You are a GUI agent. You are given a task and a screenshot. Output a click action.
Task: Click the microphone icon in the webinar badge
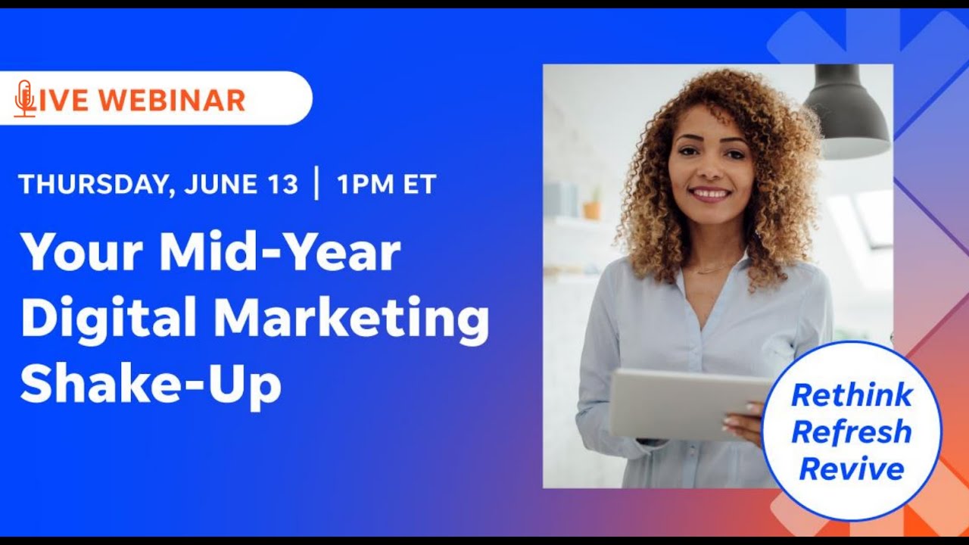(x=24, y=98)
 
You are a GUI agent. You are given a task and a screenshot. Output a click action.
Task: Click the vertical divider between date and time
(x=316, y=184)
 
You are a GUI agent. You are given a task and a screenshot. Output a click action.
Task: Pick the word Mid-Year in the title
(x=279, y=254)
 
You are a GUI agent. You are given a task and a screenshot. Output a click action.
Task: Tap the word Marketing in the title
(x=351, y=319)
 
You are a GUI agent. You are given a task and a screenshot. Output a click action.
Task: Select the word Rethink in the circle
(x=852, y=394)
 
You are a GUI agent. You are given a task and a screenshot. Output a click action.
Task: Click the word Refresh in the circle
(x=851, y=432)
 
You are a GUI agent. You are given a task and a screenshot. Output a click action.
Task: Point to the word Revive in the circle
(x=852, y=469)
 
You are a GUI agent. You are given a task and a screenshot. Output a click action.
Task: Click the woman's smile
(x=710, y=195)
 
